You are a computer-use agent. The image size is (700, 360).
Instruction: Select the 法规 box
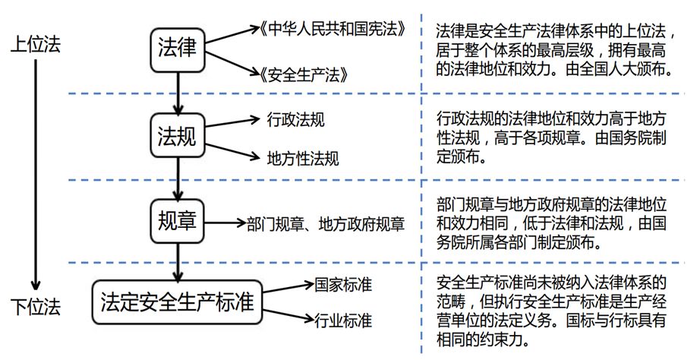point(177,137)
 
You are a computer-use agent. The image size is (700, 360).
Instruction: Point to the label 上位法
point(36,44)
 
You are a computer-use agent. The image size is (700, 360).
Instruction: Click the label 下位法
point(36,308)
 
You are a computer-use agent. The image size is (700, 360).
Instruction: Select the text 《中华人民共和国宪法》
point(331,30)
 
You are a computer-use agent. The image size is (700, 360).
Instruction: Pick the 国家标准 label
point(342,286)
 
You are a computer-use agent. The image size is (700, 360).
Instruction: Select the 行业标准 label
point(342,321)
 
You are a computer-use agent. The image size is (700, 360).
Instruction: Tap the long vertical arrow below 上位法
point(36,175)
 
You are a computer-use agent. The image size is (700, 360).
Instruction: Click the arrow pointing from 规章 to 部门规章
point(225,223)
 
